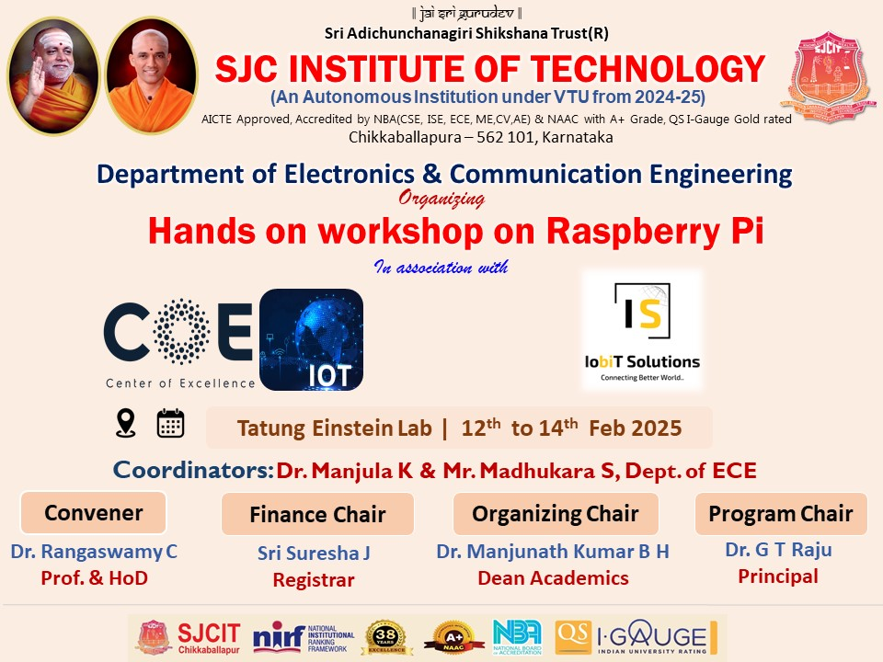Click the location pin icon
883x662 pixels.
(126, 423)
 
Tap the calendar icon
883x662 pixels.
(170, 423)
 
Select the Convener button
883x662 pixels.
(94, 513)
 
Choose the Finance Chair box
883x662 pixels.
(317, 514)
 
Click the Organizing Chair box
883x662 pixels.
(556, 514)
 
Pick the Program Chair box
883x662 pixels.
(781, 514)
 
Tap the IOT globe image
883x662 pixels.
(312, 340)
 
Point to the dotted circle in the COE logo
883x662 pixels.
(181, 331)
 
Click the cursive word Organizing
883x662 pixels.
(441, 199)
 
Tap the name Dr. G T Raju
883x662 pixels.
(778, 550)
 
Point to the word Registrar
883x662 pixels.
(314, 580)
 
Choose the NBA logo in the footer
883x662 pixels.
(517, 636)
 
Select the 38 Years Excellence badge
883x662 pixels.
(386, 638)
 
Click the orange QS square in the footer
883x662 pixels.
(573, 637)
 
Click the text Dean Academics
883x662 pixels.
(553, 578)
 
